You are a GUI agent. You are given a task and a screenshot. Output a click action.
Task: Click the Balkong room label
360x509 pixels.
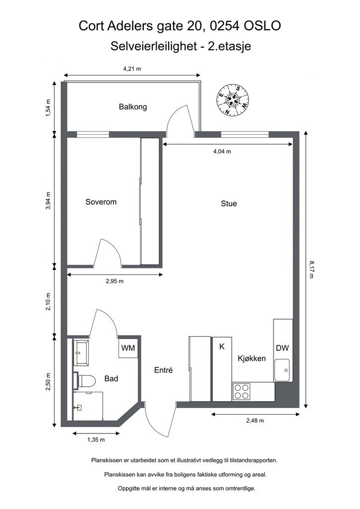tap(133, 107)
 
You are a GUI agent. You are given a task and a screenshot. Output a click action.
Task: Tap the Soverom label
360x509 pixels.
tap(101, 202)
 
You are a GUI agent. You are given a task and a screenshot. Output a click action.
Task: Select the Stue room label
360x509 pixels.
tap(229, 203)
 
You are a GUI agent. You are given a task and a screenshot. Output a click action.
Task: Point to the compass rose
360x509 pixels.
tap(233, 100)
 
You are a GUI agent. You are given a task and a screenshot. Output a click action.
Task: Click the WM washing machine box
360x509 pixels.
tap(128, 348)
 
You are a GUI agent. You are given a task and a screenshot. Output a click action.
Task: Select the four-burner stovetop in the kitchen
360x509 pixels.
tap(242, 391)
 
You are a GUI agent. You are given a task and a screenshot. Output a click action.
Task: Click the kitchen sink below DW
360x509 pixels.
tap(282, 370)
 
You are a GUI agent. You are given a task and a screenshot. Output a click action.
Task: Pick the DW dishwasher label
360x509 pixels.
tap(282, 348)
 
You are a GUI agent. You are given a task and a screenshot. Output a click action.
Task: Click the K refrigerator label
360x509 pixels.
tap(222, 346)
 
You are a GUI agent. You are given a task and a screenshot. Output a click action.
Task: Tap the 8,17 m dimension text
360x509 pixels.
tap(312, 269)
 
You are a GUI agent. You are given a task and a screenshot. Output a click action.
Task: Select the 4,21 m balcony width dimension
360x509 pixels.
tap(132, 69)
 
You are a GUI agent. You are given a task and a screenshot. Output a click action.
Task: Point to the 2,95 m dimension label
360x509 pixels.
tap(114, 281)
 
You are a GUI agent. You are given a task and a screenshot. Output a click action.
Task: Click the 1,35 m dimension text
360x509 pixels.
tap(96, 440)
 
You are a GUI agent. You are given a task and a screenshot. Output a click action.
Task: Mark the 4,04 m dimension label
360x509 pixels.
tap(222, 151)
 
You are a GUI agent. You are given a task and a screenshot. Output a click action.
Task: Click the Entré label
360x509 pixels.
tap(163, 370)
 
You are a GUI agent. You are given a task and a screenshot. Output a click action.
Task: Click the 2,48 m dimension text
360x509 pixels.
tap(255, 421)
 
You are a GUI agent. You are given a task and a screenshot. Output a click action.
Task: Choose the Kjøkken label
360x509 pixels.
tap(252, 358)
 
